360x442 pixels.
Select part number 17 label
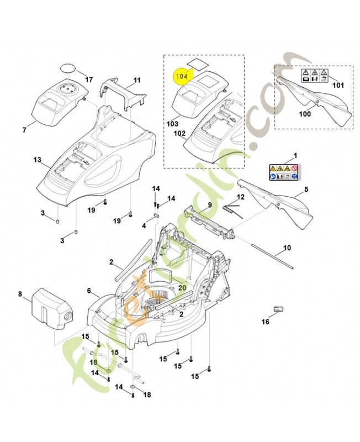point(89,80)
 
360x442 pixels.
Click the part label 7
point(24,130)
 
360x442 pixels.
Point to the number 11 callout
point(137,80)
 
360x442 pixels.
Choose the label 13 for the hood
point(37,160)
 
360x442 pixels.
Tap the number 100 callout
point(304,114)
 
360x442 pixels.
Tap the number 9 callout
point(210,205)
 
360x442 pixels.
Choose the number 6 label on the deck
point(89,290)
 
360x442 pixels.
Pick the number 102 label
point(179,133)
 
